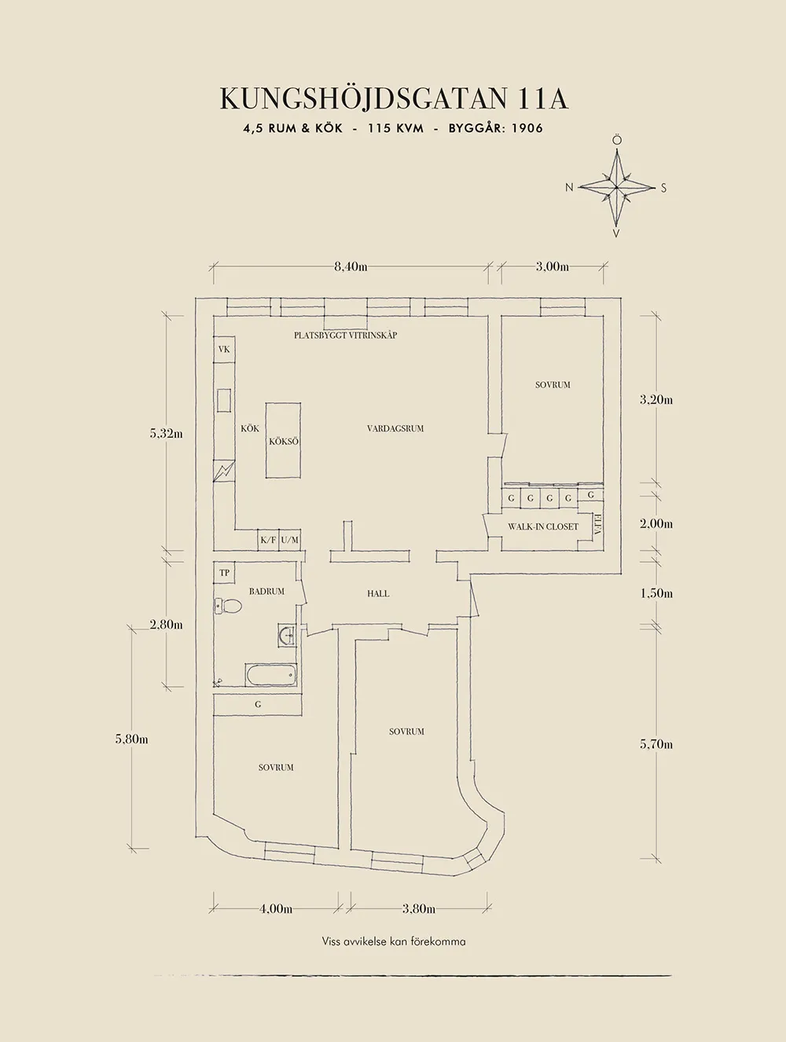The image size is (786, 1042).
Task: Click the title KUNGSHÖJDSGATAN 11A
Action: click(394, 99)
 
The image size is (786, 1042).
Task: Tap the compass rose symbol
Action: click(616, 188)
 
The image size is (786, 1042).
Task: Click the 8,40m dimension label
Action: click(351, 267)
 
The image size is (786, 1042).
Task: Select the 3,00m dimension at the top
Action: click(553, 267)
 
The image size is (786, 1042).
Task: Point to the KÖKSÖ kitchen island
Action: click(284, 440)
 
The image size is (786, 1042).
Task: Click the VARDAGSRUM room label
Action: click(395, 429)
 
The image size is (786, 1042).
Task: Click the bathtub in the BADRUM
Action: click(271, 675)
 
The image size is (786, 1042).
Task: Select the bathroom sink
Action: click(287, 635)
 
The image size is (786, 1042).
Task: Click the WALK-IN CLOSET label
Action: click(543, 527)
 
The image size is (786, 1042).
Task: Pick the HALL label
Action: click(378, 594)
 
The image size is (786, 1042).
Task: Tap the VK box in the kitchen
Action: click(224, 350)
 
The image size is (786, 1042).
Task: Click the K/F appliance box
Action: click(268, 540)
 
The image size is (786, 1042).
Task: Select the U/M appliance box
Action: click(290, 540)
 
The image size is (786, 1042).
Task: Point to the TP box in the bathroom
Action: click(225, 573)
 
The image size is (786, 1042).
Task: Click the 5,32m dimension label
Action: click(166, 434)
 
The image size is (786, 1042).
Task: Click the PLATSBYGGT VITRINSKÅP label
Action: click(346, 335)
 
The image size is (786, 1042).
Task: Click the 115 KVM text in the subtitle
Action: click(396, 129)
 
